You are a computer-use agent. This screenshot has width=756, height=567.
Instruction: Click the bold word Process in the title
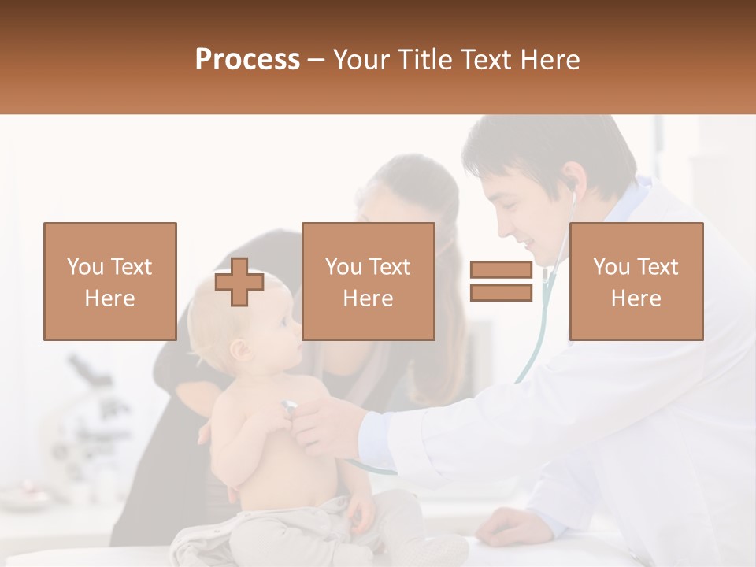[x=247, y=60]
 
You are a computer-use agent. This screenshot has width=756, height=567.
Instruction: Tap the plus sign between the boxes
[x=239, y=282]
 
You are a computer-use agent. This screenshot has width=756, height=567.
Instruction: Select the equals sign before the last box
[x=501, y=281]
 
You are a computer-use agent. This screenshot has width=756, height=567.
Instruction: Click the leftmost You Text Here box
[x=109, y=281]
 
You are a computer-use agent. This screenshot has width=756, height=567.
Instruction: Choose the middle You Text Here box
[x=368, y=281]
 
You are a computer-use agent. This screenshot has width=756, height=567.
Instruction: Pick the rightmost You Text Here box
[x=636, y=281]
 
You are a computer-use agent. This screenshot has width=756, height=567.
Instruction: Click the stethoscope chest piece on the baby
[x=289, y=407]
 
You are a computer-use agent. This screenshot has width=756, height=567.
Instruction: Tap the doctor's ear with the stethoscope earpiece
[x=569, y=187]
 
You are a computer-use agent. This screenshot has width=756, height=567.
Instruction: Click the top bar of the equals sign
[x=501, y=270]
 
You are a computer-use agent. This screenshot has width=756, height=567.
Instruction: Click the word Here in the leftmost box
[x=109, y=298]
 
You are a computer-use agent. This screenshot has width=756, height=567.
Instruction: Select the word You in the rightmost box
[x=610, y=267]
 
